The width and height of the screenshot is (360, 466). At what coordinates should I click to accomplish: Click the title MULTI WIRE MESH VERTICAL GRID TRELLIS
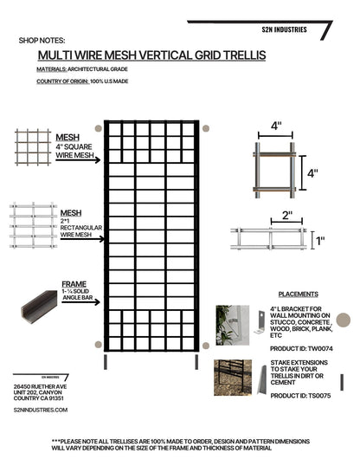146,55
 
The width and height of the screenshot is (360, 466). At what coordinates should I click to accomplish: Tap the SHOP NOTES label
41,40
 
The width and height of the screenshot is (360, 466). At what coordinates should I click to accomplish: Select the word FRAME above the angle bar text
74,284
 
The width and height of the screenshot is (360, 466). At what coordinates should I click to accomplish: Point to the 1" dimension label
320,241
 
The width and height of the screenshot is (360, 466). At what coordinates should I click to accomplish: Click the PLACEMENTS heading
296,294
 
